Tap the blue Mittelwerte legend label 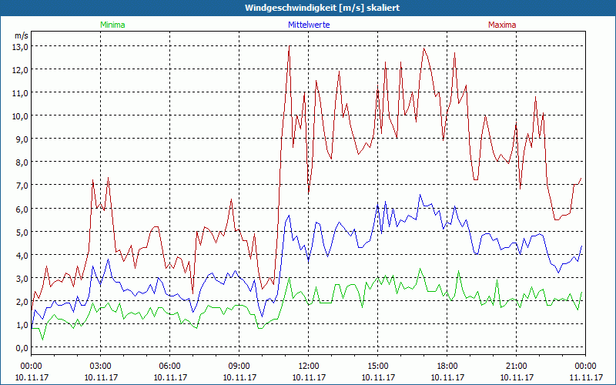point(309,25)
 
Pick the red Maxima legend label point(501,25)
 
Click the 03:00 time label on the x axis point(101,366)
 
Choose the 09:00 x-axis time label point(239,366)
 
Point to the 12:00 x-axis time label point(309,366)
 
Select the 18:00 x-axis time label point(447,366)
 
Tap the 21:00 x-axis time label point(517,366)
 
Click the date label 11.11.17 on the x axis point(586,378)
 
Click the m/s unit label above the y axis point(21,35)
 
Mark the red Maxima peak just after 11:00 point(289,47)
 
